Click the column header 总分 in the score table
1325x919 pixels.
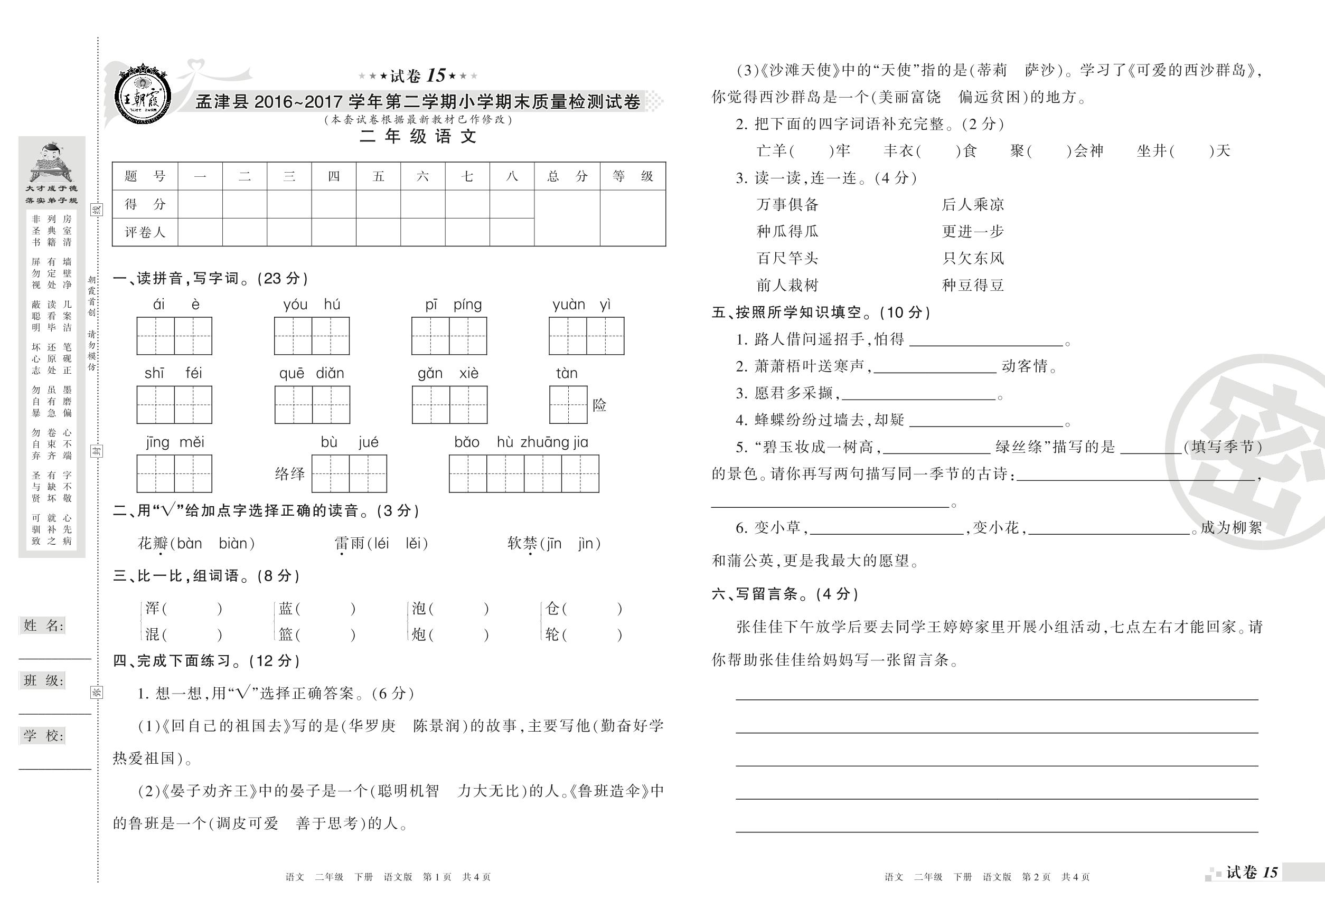567,176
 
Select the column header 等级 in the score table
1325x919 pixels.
633,176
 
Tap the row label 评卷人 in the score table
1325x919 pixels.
145,232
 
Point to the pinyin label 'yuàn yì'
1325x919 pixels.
581,305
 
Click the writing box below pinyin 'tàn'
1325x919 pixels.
568,404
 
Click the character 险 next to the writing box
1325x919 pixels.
599,405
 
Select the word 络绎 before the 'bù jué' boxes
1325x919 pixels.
290,474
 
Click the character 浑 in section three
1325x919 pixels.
153,608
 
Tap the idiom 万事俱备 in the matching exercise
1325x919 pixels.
787,204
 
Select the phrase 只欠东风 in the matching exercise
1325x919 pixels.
973,258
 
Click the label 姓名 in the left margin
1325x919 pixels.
43,626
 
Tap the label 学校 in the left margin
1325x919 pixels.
43,735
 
